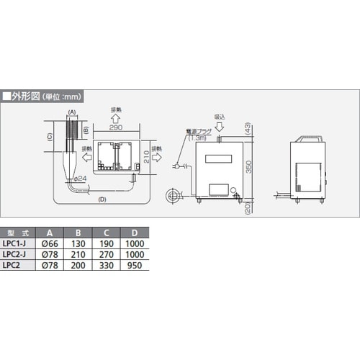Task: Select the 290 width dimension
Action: (117, 126)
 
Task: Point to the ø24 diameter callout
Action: (80, 178)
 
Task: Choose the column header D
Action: (135, 233)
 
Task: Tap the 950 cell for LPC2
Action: (135, 264)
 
